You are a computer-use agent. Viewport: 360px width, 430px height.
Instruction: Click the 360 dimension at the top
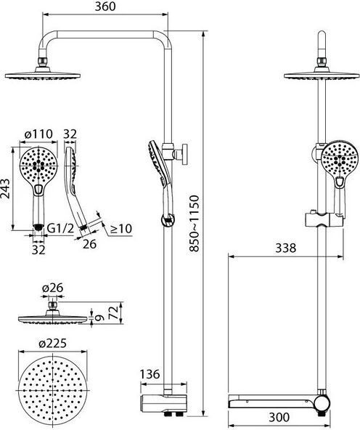coord(105,7)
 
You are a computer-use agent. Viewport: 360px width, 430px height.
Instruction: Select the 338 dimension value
coord(286,248)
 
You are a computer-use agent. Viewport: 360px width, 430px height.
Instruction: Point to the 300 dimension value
coord(279,417)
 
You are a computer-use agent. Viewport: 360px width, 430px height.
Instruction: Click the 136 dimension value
coord(150,374)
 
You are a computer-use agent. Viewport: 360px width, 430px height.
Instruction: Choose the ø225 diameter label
coord(52,344)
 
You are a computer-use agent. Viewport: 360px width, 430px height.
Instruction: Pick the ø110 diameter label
coord(38,134)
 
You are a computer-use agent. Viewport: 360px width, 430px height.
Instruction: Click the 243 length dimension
coord(5,188)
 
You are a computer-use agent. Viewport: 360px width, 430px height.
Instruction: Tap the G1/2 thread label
coord(61,228)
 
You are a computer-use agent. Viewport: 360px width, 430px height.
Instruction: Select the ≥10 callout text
coord(121,229)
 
